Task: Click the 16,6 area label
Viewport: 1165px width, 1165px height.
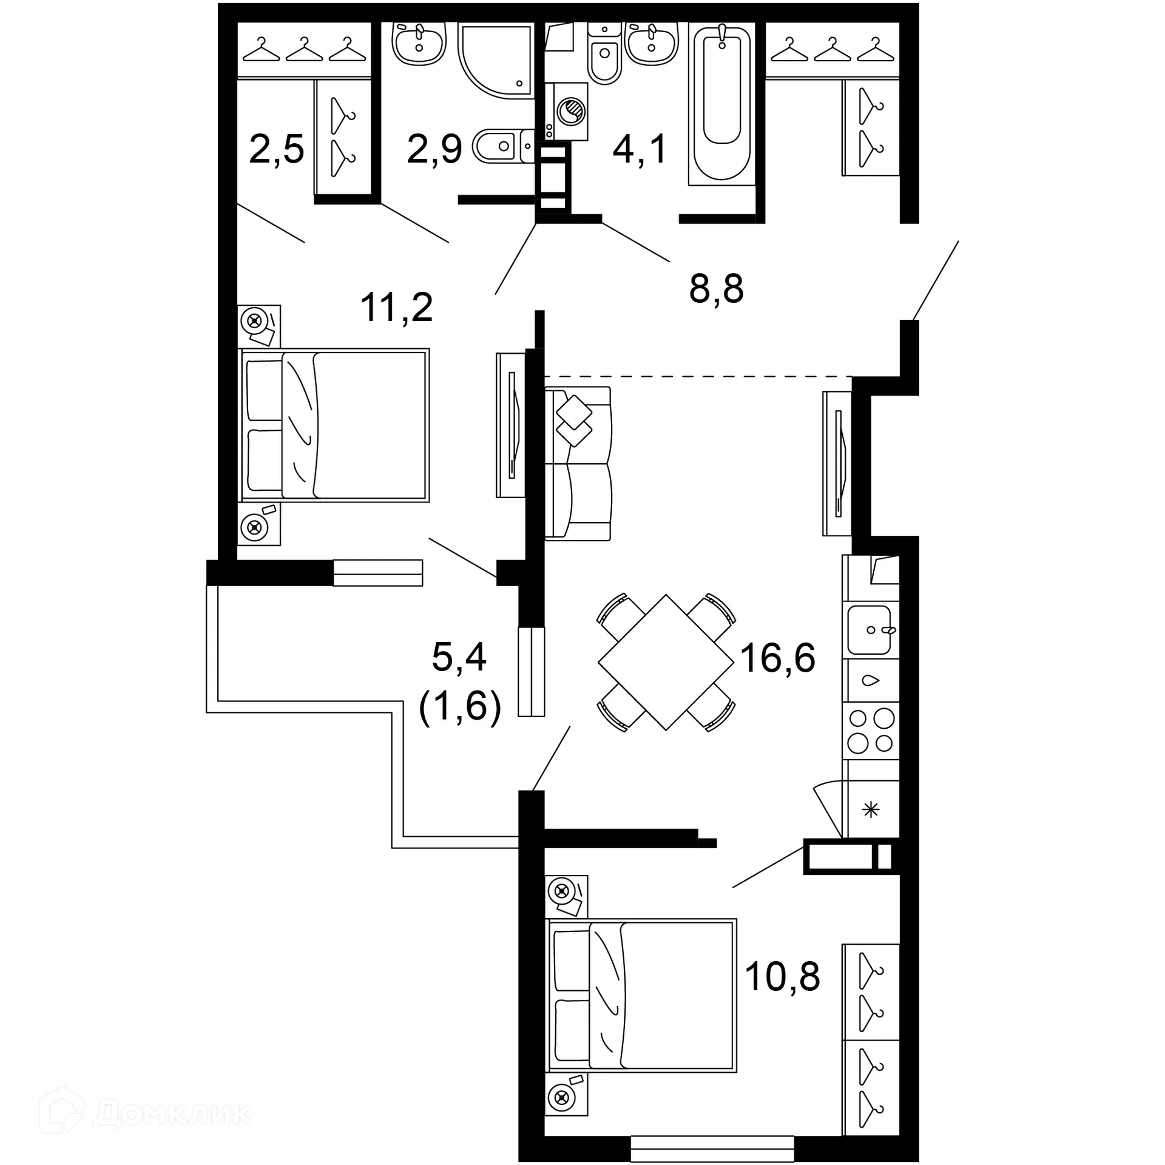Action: click(x=777, y=657)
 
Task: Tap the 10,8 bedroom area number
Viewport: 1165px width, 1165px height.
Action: click(x=782, y=976)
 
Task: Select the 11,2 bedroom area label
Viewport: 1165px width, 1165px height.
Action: click(x=396, y=307)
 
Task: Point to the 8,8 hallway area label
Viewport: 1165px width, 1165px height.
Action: click(x=716, y=289)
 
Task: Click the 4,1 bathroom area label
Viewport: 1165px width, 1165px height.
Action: click(x=640, y=149)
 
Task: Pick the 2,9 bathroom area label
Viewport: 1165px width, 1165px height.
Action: click(x=434, y=149)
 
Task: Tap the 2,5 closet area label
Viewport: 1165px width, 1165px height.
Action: click(x=276, y=149)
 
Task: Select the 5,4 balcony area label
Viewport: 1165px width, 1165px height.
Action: click(x=459, y=657)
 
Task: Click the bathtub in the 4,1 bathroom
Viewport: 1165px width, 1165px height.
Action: click(x=721, y=103)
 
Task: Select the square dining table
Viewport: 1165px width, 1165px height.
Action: click(x=666, y=662)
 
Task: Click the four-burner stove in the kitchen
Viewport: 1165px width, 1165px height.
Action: click(x=871, y=731)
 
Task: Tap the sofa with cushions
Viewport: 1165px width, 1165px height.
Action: click(x=578, y=463)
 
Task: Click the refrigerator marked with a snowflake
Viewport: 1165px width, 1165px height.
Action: click(x=871, y=809)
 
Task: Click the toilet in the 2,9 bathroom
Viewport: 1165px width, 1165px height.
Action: click(x=499, y=146)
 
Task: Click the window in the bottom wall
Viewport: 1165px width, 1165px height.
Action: click(x=712, y=1149)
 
